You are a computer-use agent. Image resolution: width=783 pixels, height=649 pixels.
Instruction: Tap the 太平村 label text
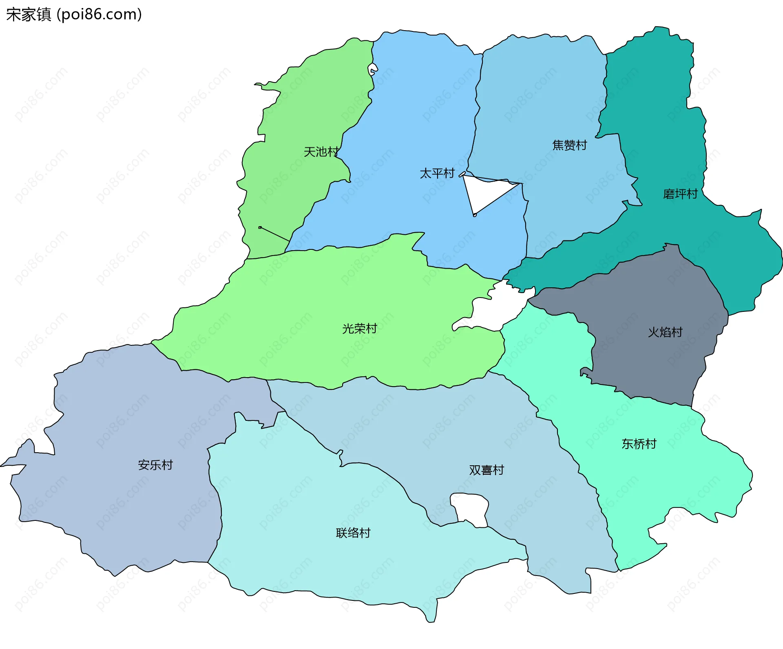437,173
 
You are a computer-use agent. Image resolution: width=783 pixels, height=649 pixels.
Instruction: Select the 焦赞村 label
569,145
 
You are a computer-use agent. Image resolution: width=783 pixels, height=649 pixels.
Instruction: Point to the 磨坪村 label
680,194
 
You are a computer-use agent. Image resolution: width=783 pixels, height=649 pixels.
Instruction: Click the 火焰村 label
665,332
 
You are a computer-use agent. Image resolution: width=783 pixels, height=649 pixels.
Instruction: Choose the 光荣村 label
359,329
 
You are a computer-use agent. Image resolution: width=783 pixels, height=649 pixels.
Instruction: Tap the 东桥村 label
639,444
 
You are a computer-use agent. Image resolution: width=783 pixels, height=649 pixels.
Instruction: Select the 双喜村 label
486,470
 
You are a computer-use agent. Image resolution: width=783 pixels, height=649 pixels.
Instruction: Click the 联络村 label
353,533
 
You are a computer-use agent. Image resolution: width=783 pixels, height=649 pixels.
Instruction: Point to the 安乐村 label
155,465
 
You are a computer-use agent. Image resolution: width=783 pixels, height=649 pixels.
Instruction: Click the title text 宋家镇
29,15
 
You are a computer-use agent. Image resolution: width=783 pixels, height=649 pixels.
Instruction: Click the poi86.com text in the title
99,15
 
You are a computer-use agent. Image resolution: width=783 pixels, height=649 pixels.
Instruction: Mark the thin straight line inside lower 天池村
274,234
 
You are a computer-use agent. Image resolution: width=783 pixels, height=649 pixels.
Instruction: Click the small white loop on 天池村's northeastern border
372,69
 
